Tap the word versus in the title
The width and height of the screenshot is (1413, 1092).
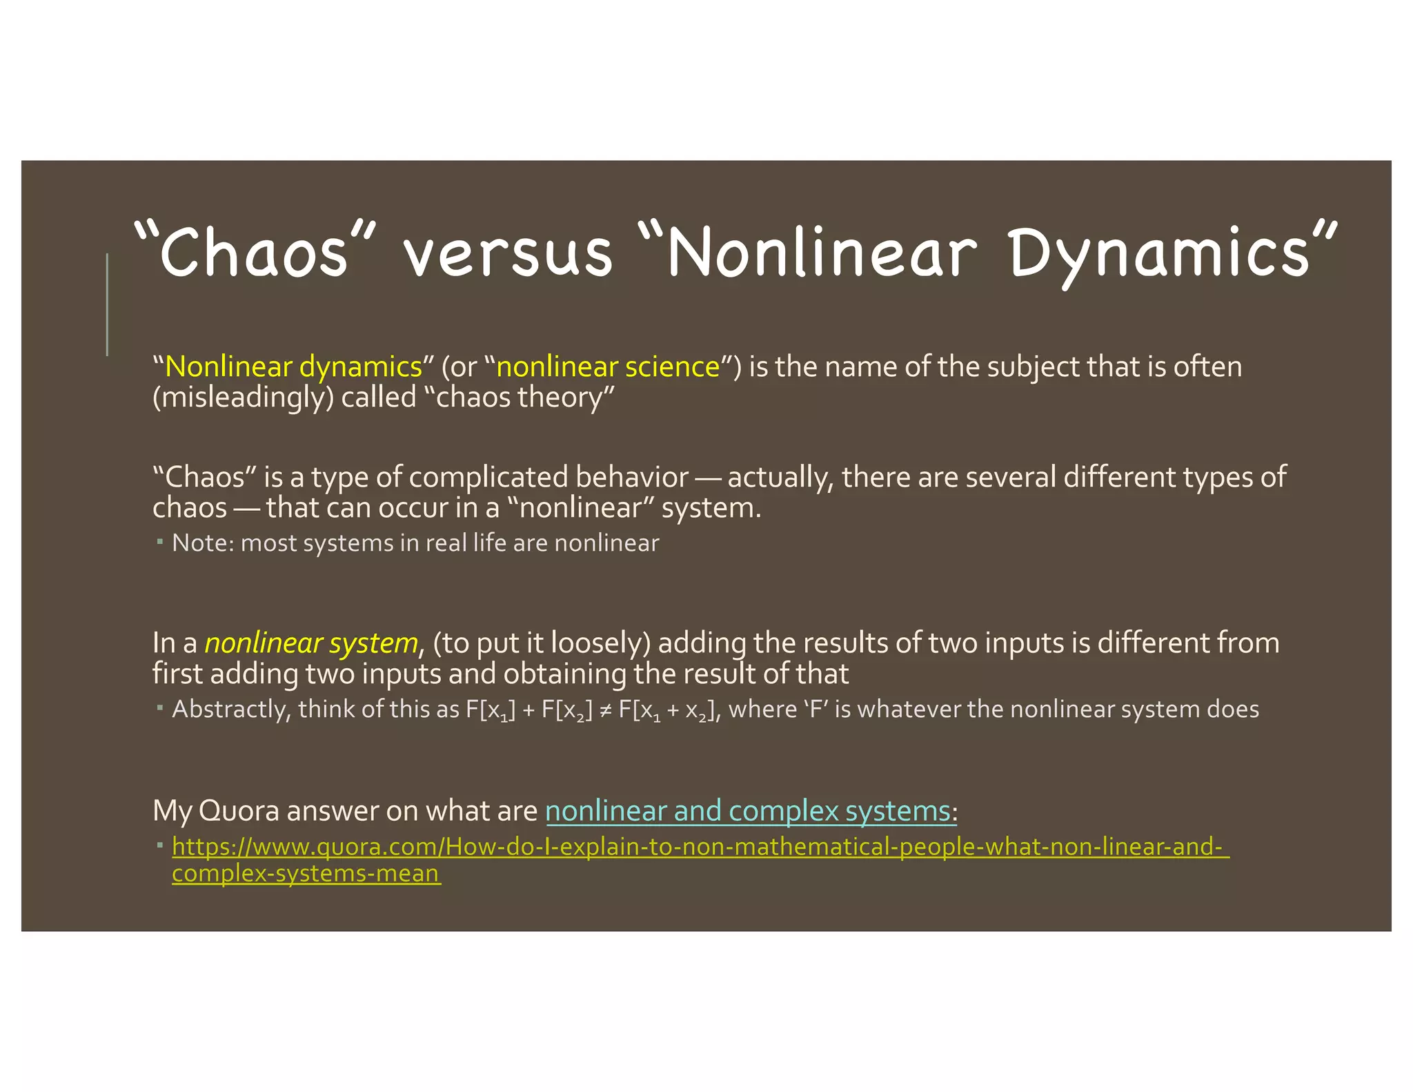(x=508, y=253)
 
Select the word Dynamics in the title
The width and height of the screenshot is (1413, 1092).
(x=1159, y=254)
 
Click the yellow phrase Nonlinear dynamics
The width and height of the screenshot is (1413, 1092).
(x=293, y=367)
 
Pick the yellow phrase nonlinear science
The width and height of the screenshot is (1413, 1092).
(x=608, y=367)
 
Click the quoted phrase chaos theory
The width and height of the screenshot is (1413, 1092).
(x=524, y=398)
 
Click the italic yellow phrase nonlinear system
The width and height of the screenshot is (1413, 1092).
(x=311, y=643)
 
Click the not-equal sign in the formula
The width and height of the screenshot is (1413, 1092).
(x=606, y=710)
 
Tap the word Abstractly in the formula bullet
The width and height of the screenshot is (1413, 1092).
(x=231, y=710)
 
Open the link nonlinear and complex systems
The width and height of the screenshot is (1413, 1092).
(x=748, y=811)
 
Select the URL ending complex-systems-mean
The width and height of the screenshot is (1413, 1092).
(x=306, y=874)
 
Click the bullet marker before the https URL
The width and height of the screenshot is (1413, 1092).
(x=159, y=845)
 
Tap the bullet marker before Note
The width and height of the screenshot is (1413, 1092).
(x=159, y=542)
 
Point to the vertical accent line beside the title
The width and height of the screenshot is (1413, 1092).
(x=107, y=304)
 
